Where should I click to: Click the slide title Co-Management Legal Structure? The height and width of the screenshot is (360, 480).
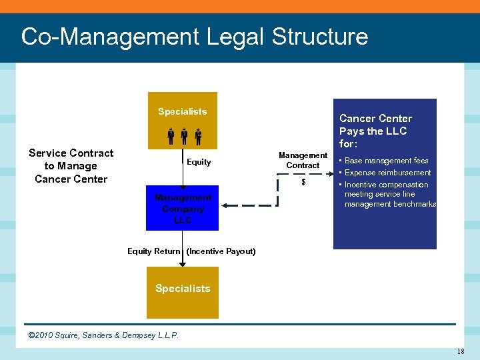point(194,36)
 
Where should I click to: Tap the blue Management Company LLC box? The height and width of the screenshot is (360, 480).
point(183,208)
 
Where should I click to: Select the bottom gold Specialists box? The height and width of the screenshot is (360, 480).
point(183,292)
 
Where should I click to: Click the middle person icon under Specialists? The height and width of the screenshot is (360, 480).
point(183,136)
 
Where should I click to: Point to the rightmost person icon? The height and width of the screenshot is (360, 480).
point(198,136)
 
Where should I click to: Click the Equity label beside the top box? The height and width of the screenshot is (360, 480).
point(199,162)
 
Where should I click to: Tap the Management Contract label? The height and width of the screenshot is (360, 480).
point(303,160)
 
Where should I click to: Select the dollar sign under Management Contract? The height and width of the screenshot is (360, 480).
point(303,183)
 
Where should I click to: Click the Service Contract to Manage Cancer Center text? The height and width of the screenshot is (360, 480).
point(71,166)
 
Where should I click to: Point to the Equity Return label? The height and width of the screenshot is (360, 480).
point(153,251)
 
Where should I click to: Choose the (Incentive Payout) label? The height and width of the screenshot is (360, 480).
point(221,251)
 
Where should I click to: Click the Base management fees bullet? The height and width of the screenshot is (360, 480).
point(386,161)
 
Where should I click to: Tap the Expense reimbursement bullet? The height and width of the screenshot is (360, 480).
point(387,173)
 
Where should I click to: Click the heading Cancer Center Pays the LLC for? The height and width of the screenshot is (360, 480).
point(375,131)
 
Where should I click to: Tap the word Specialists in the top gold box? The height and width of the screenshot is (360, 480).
point(183,111)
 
